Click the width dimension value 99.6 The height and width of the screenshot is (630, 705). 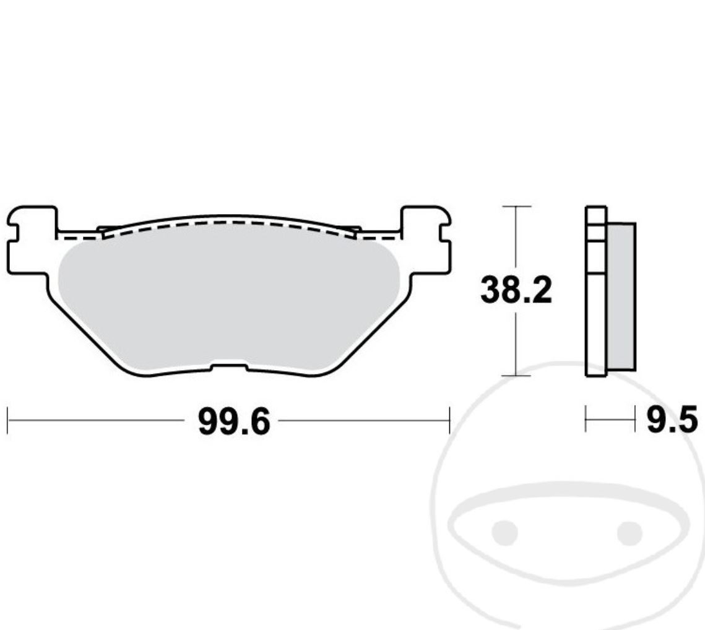coord(233,422)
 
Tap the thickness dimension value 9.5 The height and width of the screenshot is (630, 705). coord(672,421)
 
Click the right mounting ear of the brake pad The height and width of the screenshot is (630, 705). coord(426,241)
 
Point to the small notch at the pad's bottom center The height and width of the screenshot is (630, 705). coord(229,368)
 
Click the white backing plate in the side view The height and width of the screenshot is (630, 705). coord(596,322)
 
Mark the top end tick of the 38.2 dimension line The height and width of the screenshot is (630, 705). coord(516,206)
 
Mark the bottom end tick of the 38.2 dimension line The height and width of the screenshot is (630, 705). coord(516,375)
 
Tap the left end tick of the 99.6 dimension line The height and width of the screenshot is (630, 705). coord(7,421)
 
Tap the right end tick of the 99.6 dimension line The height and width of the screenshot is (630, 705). coord(449,421)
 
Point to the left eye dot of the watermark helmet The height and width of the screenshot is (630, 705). coord(504,532)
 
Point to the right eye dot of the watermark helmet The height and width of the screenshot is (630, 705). coord(629,532)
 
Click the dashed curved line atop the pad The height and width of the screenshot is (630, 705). coord(229,222)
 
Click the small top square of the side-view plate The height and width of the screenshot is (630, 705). coord(596,215)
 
